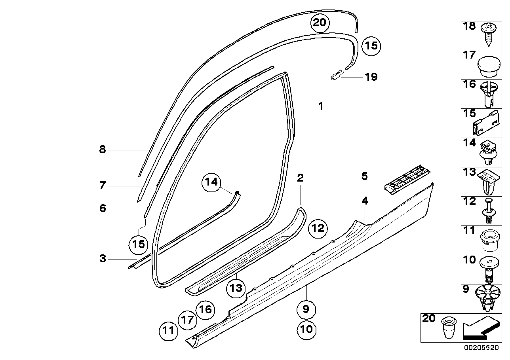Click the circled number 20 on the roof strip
tap(319, 23)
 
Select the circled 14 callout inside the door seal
tap(211, 182)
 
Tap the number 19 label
tap(371, 77)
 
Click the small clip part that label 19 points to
tap(336, 74)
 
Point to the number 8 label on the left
tap(103, 150)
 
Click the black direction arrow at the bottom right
tap(479, 328)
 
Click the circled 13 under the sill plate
tap(236, 288)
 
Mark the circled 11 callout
tap(169, 330)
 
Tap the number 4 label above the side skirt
tap(365, 201)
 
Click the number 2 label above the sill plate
tap(301, 178)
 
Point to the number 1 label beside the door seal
tap(321, 106)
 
